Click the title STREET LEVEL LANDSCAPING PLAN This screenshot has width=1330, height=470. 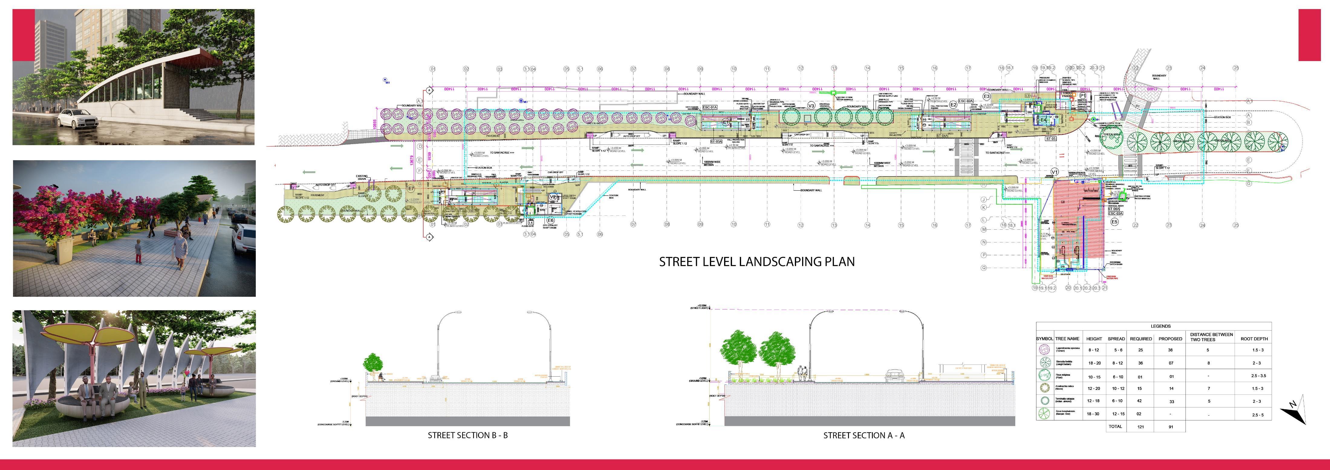[x=756, y=261]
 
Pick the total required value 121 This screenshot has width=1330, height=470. [x=1140, y=427]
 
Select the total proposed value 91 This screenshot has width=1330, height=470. [x=1170, y=427]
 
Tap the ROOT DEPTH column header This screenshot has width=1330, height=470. [x=1254, y=339]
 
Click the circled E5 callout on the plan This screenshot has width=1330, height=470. [x=1114, y=222]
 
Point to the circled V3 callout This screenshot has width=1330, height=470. [x=811, y=106]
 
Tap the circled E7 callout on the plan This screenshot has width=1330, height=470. [x=411, y=189]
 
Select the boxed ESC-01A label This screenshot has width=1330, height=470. [x=710, y=107]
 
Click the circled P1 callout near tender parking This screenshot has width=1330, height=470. [x=1083, y=96]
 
